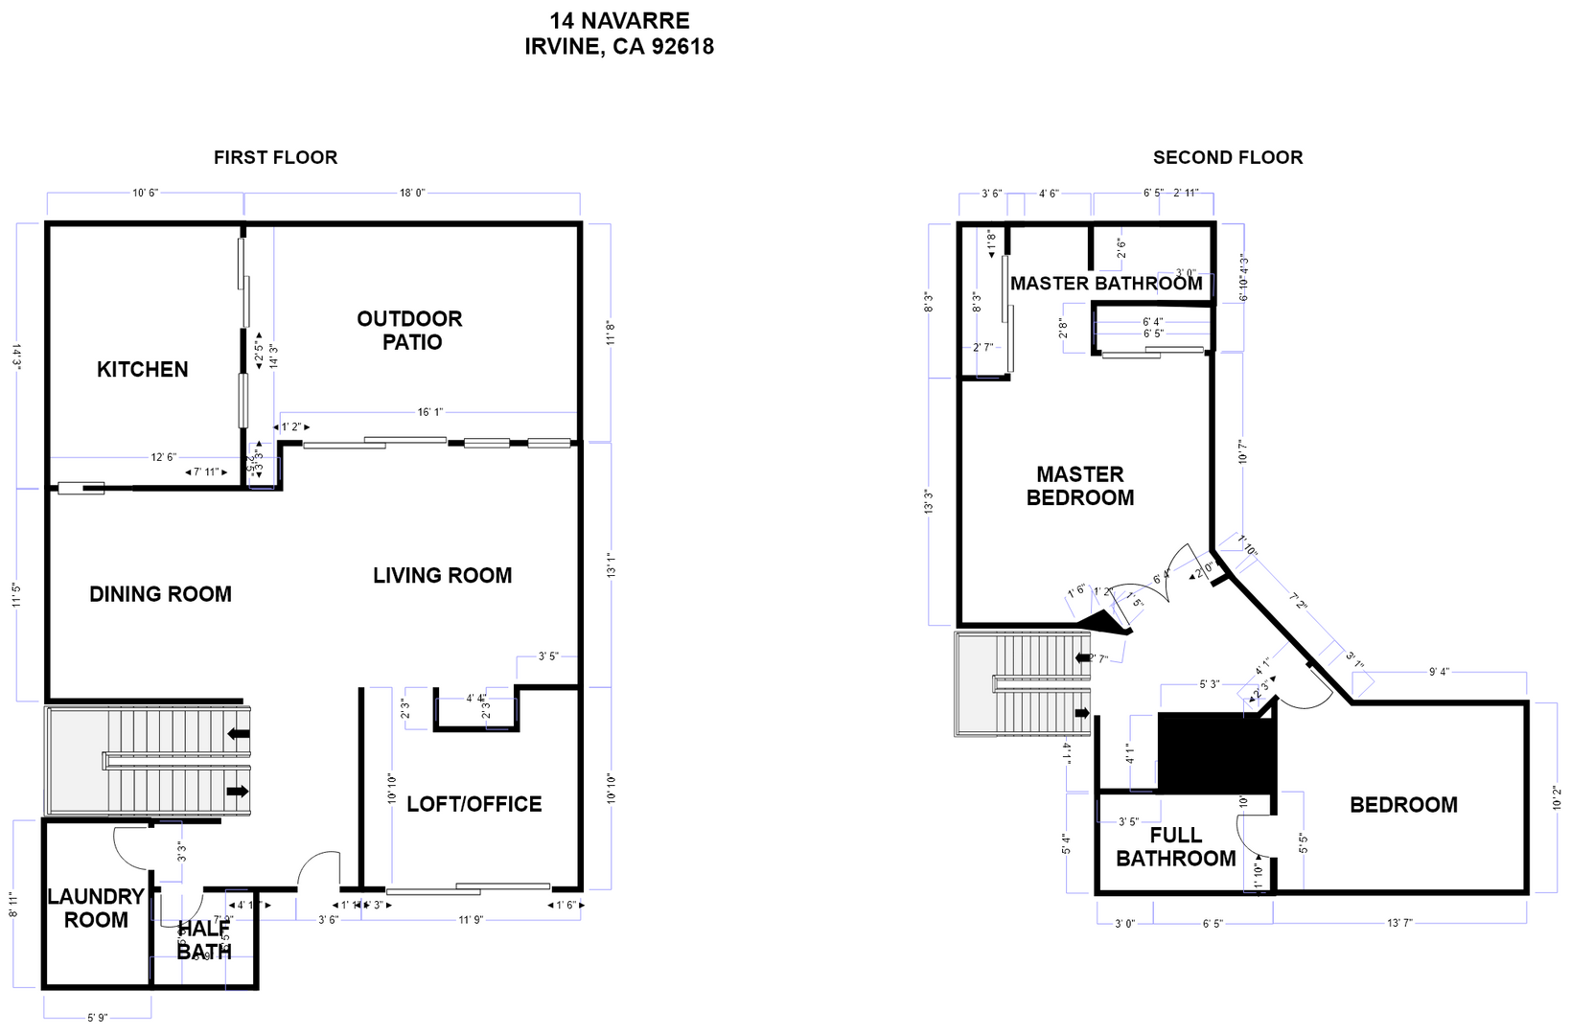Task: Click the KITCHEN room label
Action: (x=142, y=369)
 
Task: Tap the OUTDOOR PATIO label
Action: (x=410, y=331)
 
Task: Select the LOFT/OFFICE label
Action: (x=474, y=804)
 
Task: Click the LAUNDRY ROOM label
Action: (x=96, y=908)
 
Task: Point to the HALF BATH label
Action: (x=204, y=940)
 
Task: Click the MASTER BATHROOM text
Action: (x=1105, y=284)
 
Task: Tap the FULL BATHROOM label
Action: (x=1175, y=847)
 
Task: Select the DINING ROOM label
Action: (x=160, y=594)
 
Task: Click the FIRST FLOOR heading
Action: (x=275, y=157)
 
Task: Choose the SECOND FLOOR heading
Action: (x=1227, y=157)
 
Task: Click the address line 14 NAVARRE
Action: (x=619, y=20)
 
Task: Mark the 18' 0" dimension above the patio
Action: (x=412, y=193)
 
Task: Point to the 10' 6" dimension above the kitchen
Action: (x=145, y=193)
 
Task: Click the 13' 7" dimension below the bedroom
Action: (x=1399, y=923)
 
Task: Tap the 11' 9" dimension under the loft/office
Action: (x=471, y=920)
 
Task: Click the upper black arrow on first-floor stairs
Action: (x=238, y=735)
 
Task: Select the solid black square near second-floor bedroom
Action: (x=1215, y=751)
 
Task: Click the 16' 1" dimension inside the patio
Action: (x=430, y=412)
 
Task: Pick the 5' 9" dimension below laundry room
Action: (x=97, y=1018)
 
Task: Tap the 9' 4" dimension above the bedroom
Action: (x=1439, y=672)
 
